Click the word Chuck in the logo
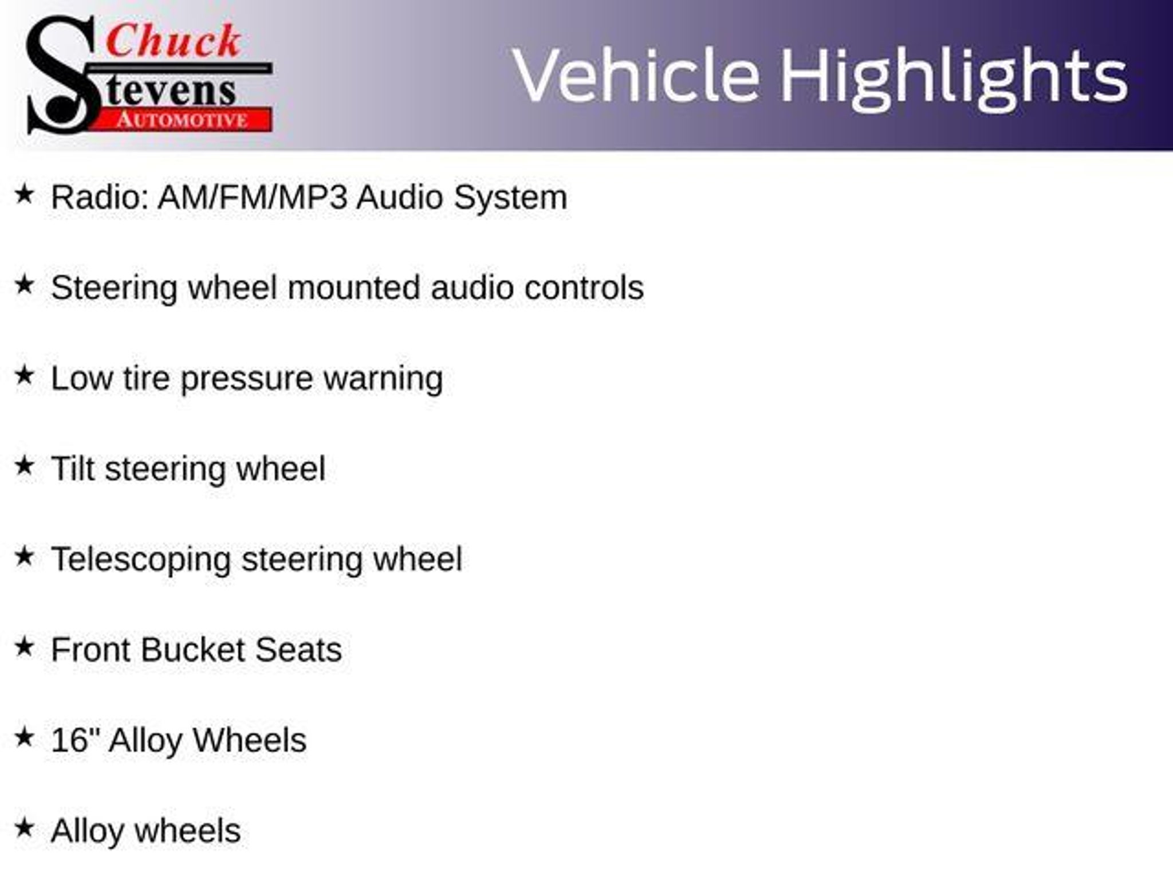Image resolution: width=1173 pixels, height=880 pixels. tap(174, 41)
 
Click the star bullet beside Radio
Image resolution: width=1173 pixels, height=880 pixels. tap(24, 194)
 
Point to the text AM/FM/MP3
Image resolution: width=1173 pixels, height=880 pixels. tap(253, 197)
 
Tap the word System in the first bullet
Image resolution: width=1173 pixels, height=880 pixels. tap(510, 198)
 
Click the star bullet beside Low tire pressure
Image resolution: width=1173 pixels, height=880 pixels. tap(24, 376)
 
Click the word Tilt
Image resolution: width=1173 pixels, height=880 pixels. tap(73, 469)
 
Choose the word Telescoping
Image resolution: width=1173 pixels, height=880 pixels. tap(141, 560)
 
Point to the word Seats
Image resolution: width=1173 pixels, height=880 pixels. tap(298, 650)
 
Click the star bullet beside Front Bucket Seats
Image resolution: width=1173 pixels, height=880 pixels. tap(24, 647)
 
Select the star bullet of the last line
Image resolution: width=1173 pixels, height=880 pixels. tap(24, 828)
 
